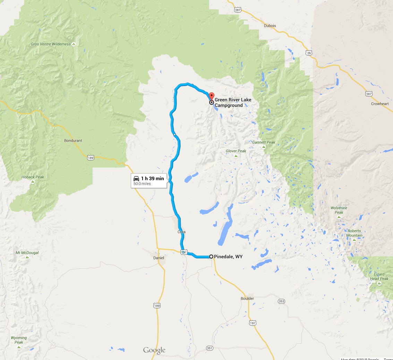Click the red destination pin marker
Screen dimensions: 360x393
click(x=211, y=97)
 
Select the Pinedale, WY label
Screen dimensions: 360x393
click(x=228, y=257)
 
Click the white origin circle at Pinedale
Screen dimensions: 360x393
click(x=211, y=257)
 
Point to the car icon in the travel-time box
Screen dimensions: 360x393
click(x=136, y=178)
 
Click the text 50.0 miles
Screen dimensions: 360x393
click(x=142, y=184)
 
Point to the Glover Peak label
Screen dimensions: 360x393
click(x=236, y=151)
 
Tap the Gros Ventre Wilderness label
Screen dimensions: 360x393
click(x=51, y=44)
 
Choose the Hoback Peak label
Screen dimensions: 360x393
click(x=33, y=177)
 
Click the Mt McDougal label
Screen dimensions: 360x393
click(x=27, y=253)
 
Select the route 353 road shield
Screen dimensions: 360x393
click(x=281, y=301)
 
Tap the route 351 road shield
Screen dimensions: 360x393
click(x=209, y=348)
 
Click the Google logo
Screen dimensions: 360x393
click(x=154, y=350)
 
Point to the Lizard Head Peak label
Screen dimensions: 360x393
click(x=379, y=276)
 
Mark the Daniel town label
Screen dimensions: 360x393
click(x=159, y=258)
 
